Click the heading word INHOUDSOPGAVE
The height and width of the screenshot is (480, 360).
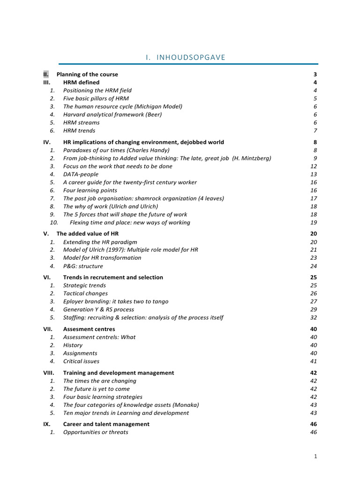pos(191,57)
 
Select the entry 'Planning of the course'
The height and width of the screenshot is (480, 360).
pos(87,75)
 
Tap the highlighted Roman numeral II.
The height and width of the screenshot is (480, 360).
pos(45,75)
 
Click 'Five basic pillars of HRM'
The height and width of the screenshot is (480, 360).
pos(96,98)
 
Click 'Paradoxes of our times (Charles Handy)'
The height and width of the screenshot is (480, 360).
pos(116,150)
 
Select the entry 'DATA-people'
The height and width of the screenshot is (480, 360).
pos(81,174)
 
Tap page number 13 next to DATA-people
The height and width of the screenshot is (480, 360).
pos(314,174)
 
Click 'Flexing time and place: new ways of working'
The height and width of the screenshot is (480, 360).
pos(130,223)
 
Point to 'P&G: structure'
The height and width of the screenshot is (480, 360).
pos(83,266)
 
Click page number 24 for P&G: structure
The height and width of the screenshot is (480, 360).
pos(314,266)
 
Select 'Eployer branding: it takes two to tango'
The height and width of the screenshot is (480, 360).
pos(116,301)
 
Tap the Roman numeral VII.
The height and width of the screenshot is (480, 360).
pos(47,329)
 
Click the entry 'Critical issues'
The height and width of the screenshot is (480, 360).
pos(81,361)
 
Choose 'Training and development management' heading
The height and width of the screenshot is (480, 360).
pos(119,373)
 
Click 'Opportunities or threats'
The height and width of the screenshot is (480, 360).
pos(96,432)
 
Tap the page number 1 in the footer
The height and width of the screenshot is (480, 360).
pos(315,456)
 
